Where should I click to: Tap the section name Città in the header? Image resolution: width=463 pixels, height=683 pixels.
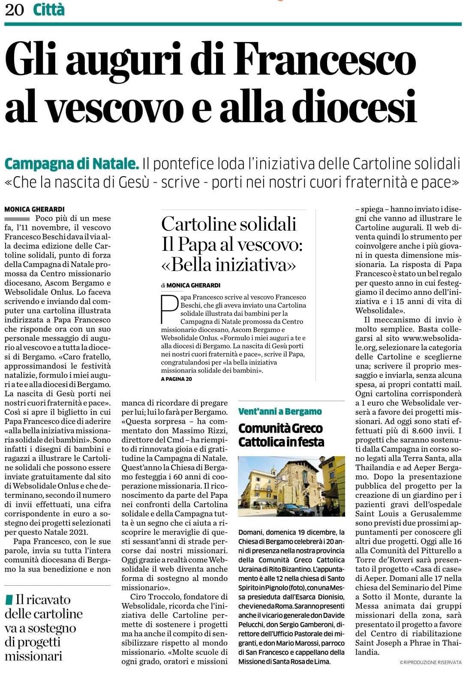tap(48, 9)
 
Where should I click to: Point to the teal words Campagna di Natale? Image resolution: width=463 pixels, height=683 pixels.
tap(72, 164)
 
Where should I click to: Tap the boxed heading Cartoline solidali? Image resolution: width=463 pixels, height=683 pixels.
tap(228, 224)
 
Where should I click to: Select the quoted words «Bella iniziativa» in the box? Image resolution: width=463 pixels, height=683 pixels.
tap(228, 265)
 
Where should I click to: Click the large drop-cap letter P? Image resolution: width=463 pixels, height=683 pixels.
tap(169, 309)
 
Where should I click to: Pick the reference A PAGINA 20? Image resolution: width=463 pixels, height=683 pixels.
tap(176, 379)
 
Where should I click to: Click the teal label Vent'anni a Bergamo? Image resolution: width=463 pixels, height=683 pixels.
tap(280, 412)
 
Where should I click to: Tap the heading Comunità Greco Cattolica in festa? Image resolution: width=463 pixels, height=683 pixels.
tap(281, 435)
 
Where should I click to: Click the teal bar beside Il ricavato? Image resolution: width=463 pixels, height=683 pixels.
tap(9, 599)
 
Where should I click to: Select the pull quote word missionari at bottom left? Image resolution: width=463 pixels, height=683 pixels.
tap(33, 656)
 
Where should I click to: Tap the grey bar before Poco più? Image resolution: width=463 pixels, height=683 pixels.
tap(17, 219)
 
